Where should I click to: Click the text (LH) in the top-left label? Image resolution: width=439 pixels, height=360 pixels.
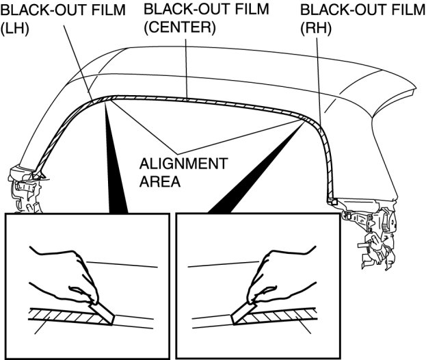14,31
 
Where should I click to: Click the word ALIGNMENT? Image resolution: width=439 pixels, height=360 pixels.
183,165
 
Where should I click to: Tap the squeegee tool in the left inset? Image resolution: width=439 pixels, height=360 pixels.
101,311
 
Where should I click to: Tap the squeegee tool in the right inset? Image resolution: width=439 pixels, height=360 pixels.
243,311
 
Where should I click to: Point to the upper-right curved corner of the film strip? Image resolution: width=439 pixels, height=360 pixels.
311,123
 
